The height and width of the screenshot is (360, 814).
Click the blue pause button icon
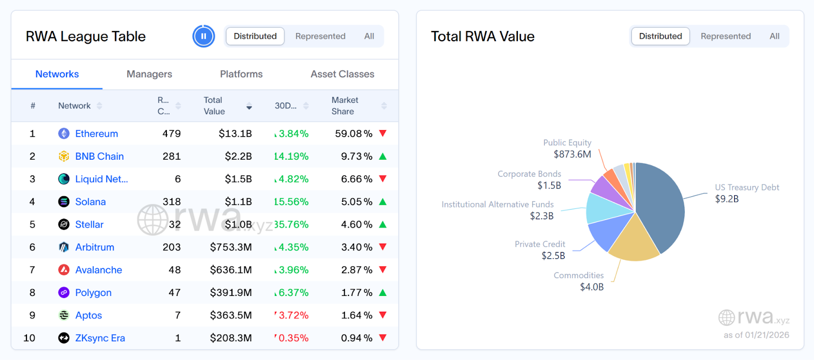(203, 36)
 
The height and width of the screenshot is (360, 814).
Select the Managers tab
(149, 74)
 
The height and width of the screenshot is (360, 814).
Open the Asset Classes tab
(342, 74)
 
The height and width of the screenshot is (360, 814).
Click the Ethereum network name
(97, 134)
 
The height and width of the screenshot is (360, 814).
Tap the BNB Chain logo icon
(64, 156)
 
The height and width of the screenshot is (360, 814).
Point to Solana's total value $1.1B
(238, 202)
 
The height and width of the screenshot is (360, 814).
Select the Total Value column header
(215, 106)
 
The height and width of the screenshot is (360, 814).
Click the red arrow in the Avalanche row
(383, 270)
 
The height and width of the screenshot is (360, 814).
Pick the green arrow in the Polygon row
(383, 292)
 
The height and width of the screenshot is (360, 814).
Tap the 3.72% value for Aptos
(294, 315)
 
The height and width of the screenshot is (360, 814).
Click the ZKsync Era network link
(100, 338)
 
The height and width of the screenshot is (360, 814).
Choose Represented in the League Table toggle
(320, 36)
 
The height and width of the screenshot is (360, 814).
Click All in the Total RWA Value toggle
(774, 36)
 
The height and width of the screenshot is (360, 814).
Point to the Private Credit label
(540, 244)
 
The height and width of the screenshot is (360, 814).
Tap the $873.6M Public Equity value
(572, 154)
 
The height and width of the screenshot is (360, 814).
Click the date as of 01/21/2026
(757, 335)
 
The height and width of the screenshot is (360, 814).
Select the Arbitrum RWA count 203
(171, 247)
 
